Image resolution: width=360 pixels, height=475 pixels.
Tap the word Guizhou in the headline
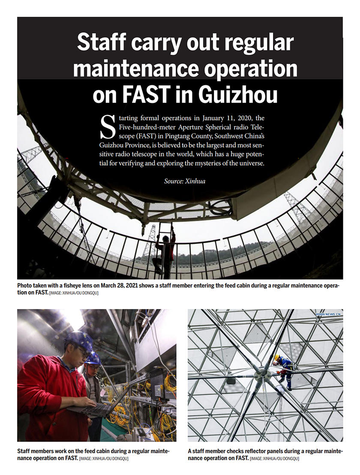point(237,95)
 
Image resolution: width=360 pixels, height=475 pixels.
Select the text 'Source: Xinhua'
point(185,181)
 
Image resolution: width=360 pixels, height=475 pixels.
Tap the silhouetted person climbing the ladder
point(165,251)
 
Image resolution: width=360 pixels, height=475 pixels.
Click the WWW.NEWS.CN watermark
point(329,314)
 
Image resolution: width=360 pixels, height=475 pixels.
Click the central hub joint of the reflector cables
point(260,374)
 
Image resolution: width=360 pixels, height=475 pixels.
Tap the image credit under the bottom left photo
point(104,459)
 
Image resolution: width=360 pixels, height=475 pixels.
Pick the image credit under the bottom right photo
point(275,459)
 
